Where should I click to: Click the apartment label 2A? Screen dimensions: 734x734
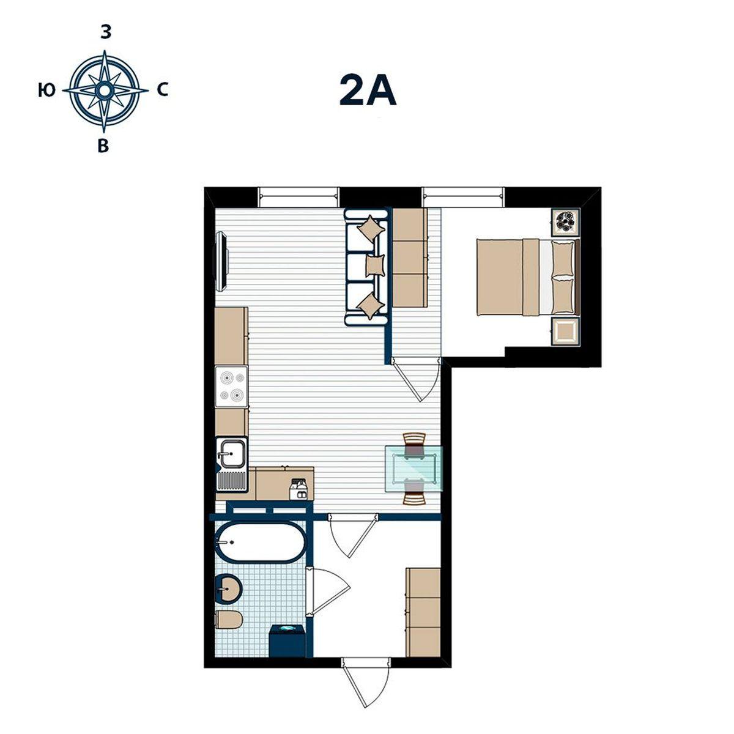click(368, 90)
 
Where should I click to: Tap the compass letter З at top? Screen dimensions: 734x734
click(106, 33)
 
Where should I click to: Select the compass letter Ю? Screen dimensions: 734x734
click(47, 91)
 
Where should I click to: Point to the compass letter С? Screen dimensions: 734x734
click(163, 91)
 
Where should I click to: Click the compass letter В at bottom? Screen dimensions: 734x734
click(103, 146)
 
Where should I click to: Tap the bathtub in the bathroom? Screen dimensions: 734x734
click(261, 543)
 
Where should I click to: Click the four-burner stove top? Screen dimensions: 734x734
click(231, 387)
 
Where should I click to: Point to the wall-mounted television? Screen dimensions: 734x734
click(221, 262)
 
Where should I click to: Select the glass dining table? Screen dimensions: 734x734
click(414, 469)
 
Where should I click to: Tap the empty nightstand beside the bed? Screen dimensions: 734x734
click(566, 332)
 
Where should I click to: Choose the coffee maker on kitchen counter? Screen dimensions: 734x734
click(298, 489)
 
